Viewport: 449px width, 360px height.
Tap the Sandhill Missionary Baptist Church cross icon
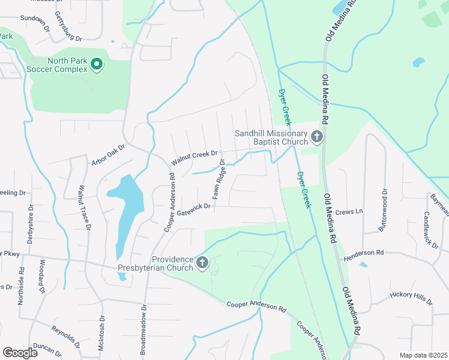(x=317, y=139)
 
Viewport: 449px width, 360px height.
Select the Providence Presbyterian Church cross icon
(x=202, y=262)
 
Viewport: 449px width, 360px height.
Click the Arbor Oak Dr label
(x=108, y=155)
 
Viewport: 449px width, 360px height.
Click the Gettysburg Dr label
(x=68, y=26)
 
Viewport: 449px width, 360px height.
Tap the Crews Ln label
(x=349, y=212)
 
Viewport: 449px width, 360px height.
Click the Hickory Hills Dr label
(x=411, y=298)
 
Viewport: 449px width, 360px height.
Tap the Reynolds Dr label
(x=65, y=337)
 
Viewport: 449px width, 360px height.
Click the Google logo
(x=20, y=353)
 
